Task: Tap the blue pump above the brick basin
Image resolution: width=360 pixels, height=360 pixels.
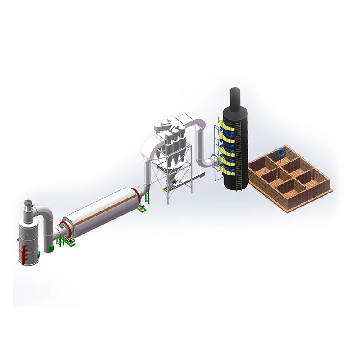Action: [283, 153]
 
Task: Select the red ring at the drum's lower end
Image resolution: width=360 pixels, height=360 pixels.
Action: [66, 227]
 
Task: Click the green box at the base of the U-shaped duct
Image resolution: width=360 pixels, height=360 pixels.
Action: [51, 248]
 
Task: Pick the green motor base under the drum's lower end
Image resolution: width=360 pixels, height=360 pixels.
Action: [69, 242]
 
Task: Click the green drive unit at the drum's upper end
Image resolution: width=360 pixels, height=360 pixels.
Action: [143, 208]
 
